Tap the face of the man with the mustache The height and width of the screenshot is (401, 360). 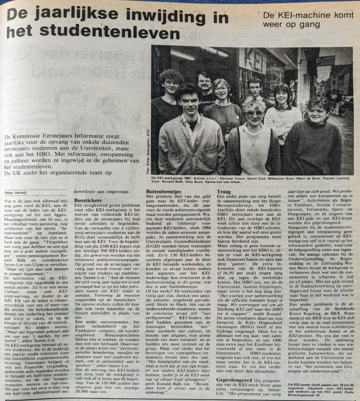coord(204,83)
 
